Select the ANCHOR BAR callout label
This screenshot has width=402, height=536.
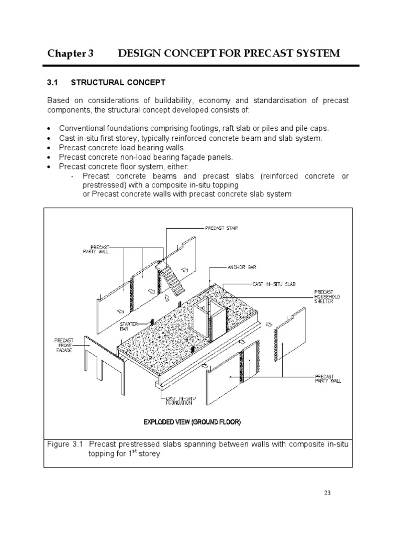pos(240,267)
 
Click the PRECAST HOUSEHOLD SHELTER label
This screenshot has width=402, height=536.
pos(327,296)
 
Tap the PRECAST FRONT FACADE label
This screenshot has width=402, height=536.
pos(64,345)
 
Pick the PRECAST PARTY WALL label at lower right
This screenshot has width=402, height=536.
pos(328,378)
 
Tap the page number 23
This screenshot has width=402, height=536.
pos(328,493)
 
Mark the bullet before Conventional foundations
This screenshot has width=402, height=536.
pos(49,129)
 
